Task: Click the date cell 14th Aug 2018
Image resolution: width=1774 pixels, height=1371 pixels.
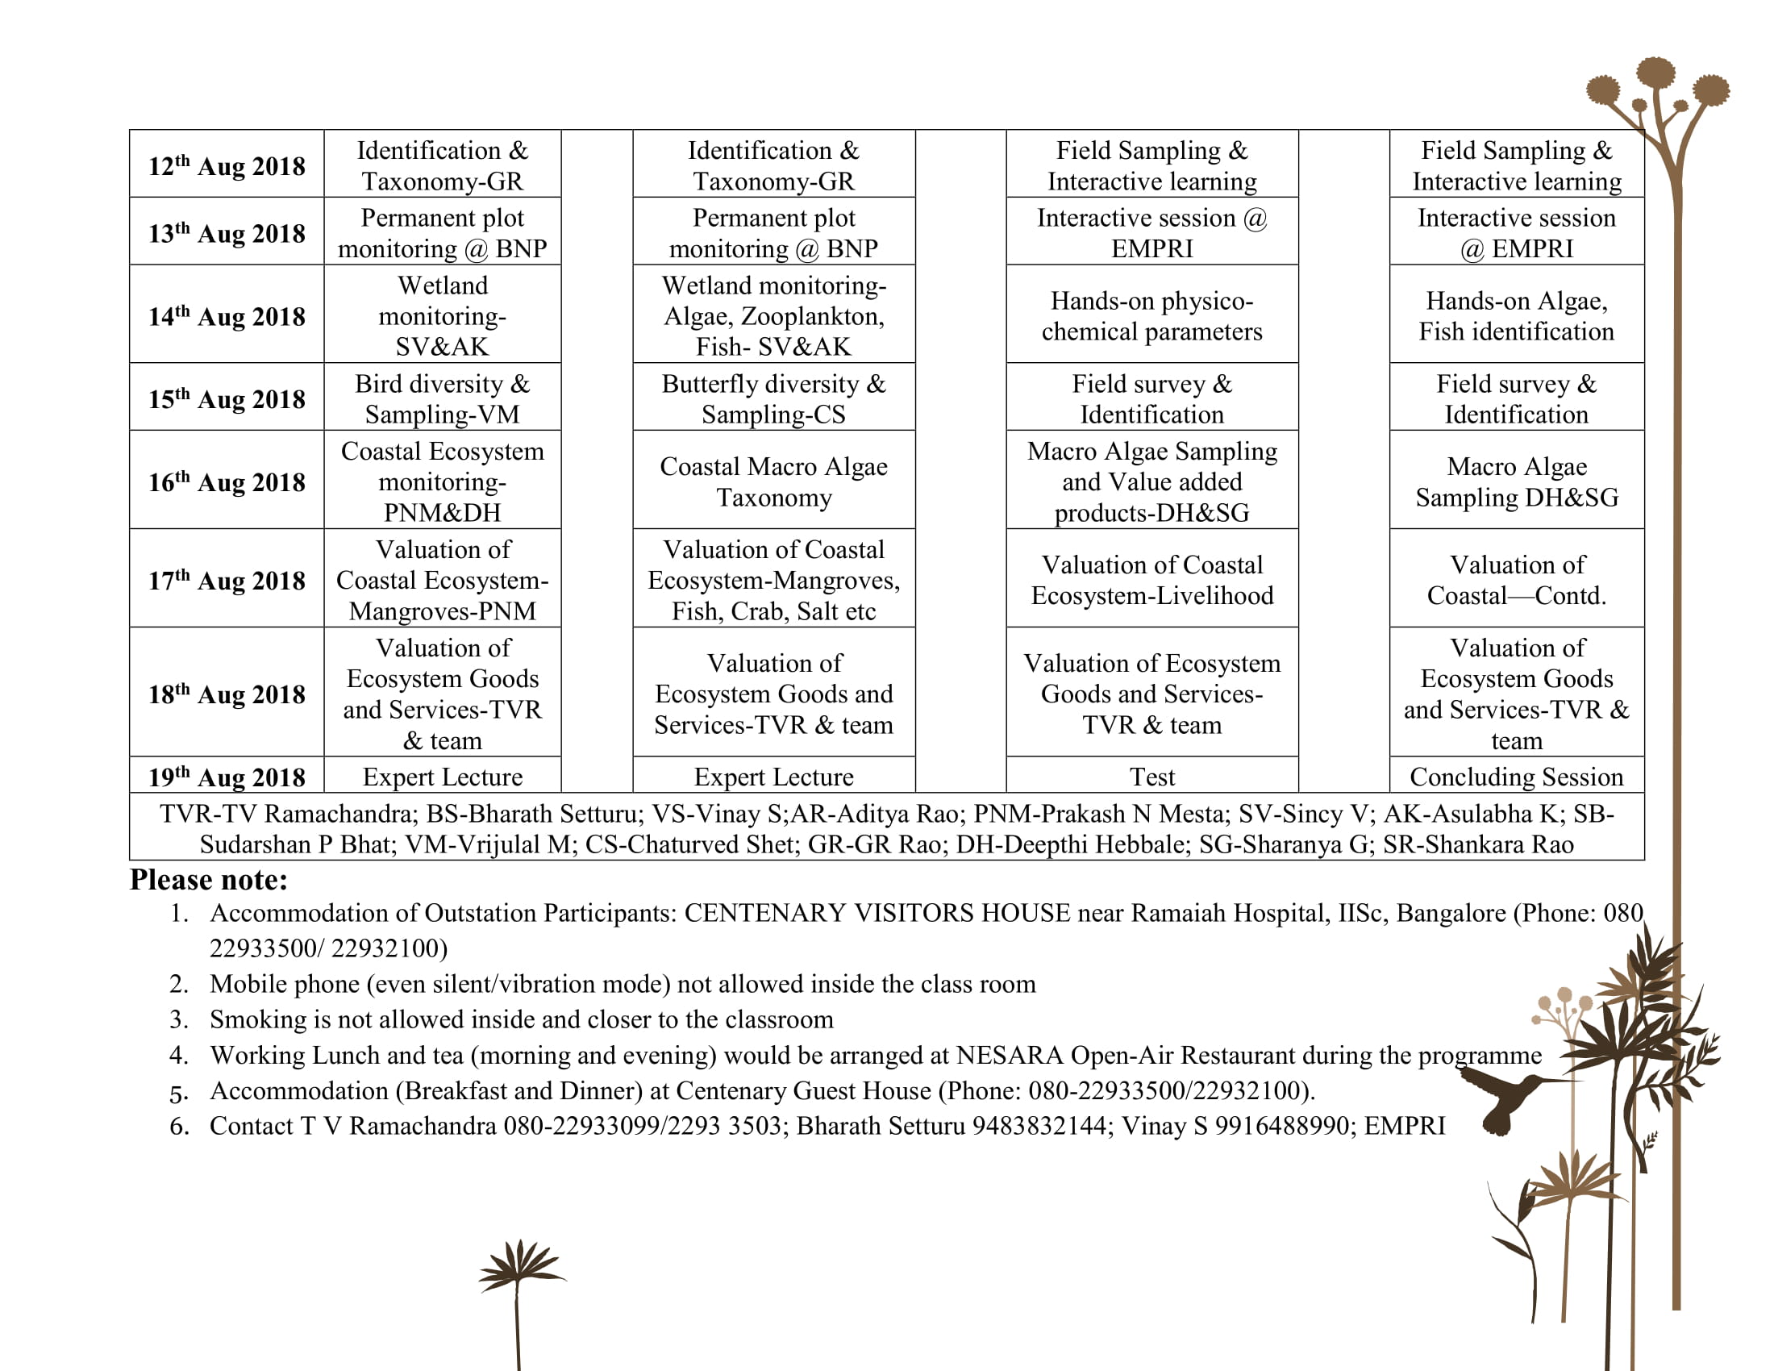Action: (227, 315)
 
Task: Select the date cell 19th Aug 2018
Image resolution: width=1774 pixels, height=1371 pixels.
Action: (227, 777)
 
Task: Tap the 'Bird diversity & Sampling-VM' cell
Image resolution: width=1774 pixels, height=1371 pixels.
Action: (442, 398)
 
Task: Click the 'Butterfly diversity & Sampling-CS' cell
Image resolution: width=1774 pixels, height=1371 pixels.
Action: (773, 398)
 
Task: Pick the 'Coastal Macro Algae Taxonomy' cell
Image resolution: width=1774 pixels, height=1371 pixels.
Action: (773, 481)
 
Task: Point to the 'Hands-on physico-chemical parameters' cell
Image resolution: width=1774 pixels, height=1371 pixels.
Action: (1151, 315)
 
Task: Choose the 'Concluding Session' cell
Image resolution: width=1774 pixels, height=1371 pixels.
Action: (1517, 777)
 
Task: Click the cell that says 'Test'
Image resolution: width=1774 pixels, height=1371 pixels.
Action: (1151, 777)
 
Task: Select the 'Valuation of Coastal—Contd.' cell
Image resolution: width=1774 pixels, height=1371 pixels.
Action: (1517, 579)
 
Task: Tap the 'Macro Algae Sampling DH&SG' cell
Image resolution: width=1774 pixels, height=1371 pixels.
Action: (1517, 481)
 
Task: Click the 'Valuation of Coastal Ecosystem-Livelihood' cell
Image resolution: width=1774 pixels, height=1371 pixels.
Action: (1151, 579)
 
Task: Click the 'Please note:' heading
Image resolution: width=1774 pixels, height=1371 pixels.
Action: (209, 880)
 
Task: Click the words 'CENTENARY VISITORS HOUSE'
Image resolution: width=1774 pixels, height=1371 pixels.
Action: (877, 913)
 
